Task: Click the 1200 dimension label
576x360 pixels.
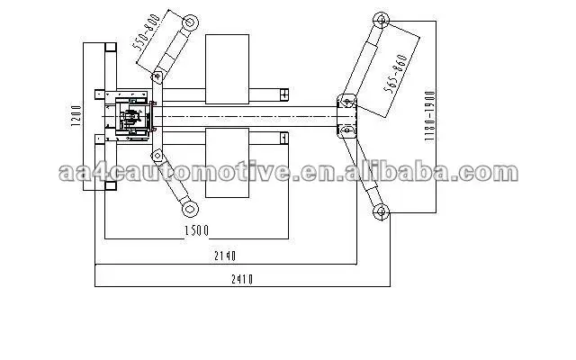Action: pyautogui.click(x=76, y=116)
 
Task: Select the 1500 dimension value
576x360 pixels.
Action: pyautogui.click(x=196, y=230)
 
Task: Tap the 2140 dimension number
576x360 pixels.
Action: pyautogui.click(x=225, y=256)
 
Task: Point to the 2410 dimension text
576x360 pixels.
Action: pyautogui.click(x=242, y=280)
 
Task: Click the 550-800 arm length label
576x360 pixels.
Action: pyautogui.click(x=147, y=32)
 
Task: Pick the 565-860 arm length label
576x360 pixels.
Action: pyautogui.click(x=395, y=73)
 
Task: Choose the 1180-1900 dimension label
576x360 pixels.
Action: pyautogui.click(x=429, y=116)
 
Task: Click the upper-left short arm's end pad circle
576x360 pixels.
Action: pyautogui.click(x=190, y=22)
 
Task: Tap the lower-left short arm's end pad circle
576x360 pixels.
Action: pyautogui.click(x=190, y=210)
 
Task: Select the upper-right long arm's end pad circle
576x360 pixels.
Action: pyautogui.click(x=381, y=20)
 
